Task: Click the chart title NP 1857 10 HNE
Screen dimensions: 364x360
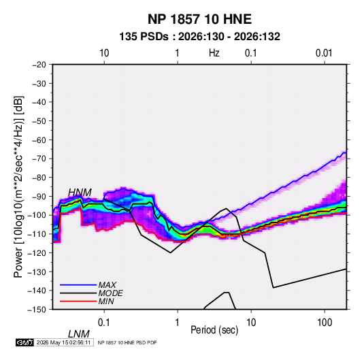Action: click(x=199, y=19)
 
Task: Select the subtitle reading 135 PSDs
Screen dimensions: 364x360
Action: click(x=144, y=37)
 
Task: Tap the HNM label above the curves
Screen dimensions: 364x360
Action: click(x=80, y=193)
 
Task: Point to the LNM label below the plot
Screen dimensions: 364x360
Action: click(x=79, y=334)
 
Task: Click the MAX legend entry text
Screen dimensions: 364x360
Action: click(x=107, y=285)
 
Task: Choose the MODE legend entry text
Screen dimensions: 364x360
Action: click(x=110, y=293)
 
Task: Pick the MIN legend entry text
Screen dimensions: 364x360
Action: click(x=106, y=301)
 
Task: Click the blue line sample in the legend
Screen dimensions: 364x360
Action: click(x=78, y=285)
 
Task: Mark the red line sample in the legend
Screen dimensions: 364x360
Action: click(x=78, y=301)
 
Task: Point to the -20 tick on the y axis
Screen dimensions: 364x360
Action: click(x=39, y=65)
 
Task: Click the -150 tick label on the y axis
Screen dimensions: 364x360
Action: click(x=37, y=310)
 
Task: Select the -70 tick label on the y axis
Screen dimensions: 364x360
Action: click(x=39, y=159)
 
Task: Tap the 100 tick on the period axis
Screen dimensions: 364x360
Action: click(x=325, y=323)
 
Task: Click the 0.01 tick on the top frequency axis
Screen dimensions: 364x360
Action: click(x=324, y=53)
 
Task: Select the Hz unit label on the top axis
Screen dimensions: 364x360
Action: click(x=214, y=53)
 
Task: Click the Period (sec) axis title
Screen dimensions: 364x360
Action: click(x=214, y=330)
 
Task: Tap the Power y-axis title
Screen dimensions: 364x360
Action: click(x=18, y=186)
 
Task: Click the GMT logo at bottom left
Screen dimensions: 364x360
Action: click(x=24, y=342)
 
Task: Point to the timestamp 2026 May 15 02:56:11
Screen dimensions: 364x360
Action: click(x=63, y=342)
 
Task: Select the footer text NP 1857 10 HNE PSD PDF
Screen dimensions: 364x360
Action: click(x=127, y=342)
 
